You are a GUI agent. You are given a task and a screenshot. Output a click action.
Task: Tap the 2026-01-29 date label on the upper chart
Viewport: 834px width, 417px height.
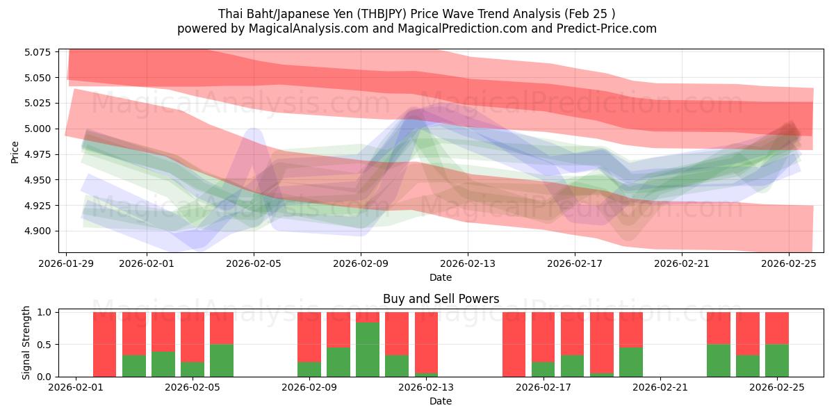(67, 264)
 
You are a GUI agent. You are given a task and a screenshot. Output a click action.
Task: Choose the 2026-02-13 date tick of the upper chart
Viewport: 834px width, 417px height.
(468, 264)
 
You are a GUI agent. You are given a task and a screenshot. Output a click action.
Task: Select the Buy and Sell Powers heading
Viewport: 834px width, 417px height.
(441, 300)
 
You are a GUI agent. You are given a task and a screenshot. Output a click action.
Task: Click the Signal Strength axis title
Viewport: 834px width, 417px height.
(26, 344)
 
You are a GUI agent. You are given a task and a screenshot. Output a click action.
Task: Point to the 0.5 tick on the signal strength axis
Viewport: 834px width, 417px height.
(44, 345)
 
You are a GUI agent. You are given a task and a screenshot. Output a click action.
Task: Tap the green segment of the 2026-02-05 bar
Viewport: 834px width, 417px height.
(222, 360)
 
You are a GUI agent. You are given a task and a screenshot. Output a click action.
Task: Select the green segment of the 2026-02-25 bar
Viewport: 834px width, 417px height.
(777, 360)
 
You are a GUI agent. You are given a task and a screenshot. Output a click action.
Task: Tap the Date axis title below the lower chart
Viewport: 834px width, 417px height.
(441, 401)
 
